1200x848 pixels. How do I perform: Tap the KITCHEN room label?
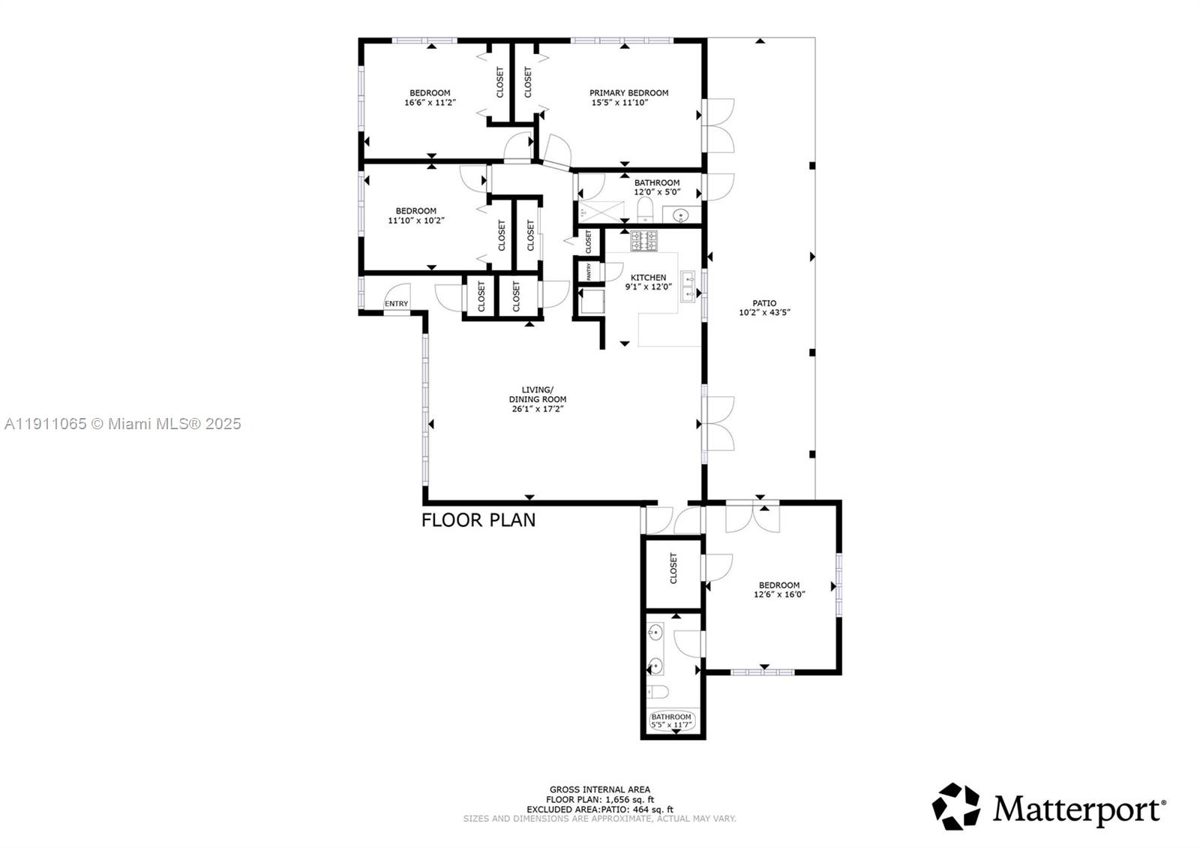pyautogui.click(x=648, y=278)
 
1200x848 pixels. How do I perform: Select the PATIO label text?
pyautogui.click(x=764, y=303)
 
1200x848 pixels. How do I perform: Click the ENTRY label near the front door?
pyautogui.click(x=397, y=304)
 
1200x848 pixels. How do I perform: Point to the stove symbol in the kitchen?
pyautogui.click(x=643, y=241)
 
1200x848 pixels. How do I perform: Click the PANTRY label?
pyautogui.click(x=589, y=271)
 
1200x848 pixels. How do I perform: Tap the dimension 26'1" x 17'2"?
pyautogui.click(x=536, y=409)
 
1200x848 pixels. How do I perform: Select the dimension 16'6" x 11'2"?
pyautogui.click(x=430, y=102)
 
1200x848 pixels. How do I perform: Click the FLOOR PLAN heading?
pyautogui.click(x=478, y=520)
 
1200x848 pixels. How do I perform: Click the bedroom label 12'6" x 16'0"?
pyautogui.click(x=779, y=594)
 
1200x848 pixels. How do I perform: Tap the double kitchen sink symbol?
pyautogui.click(x=688, y=286)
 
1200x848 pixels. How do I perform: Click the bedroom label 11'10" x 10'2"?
pyautogui.click(x=416, y=221)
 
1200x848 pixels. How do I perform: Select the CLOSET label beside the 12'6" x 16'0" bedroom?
pyautogui.click(x=673, y=568)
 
